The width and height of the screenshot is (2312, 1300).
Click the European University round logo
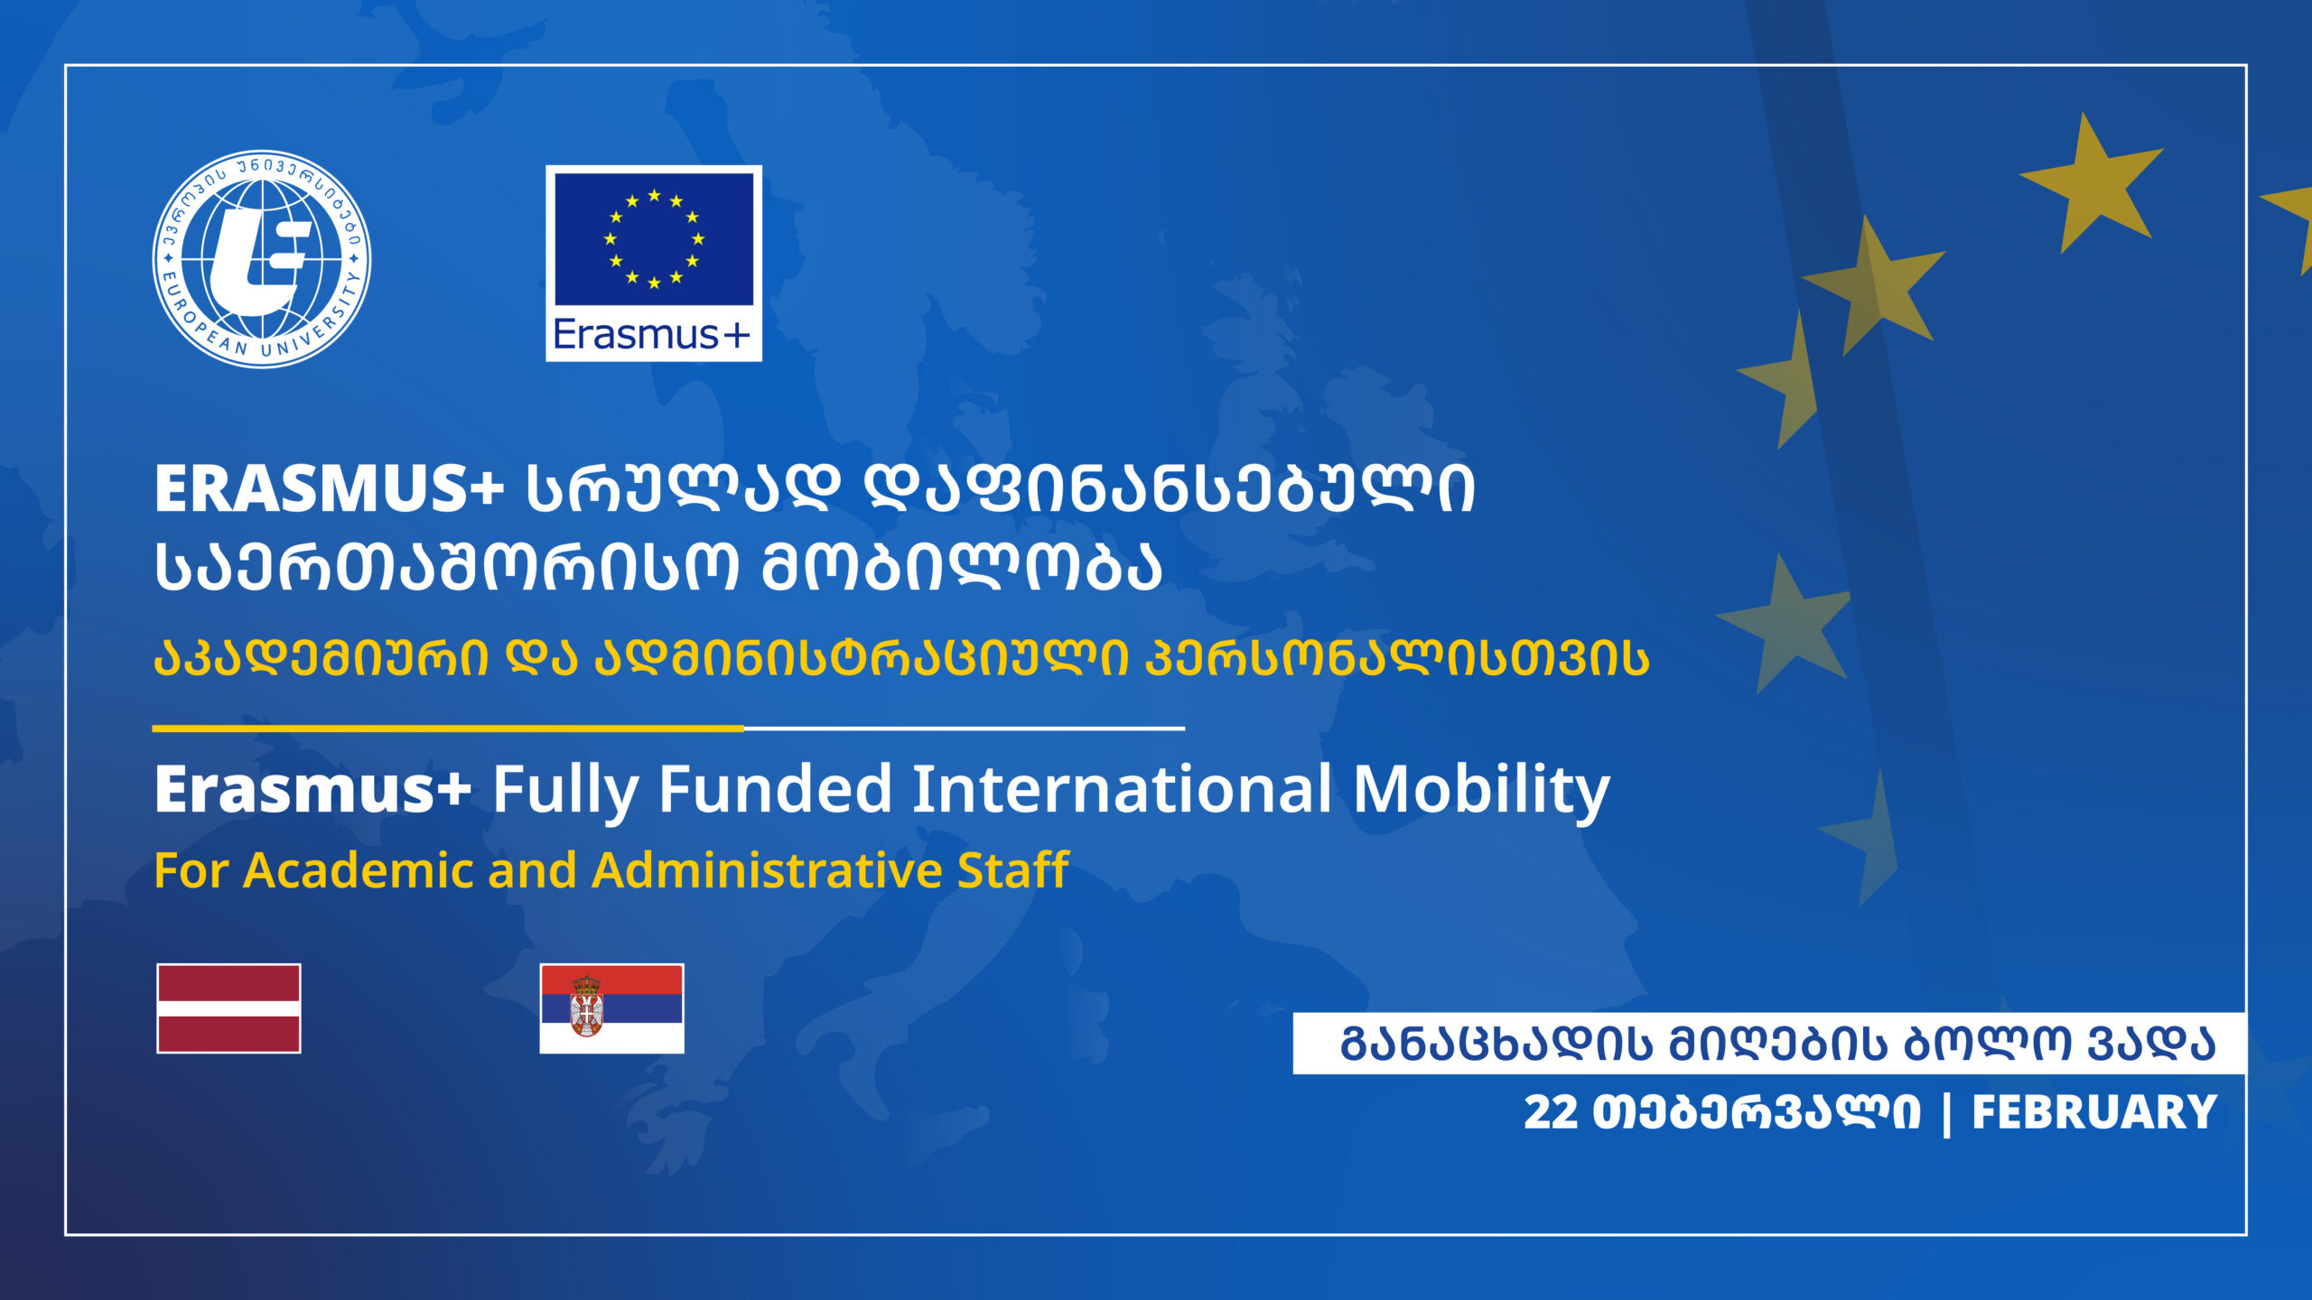click(262, 259)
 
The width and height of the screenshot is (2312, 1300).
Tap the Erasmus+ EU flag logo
click(654, 263)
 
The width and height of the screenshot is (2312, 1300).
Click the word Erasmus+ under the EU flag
click(652, 334)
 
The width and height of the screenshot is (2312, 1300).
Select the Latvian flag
click(228, 1008)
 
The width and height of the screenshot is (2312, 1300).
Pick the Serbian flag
click(611, 1008)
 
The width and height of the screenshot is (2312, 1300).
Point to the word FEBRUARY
click(2094, 1112)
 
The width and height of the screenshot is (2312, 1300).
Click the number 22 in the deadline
click(1551, 1112)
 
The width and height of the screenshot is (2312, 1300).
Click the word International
click(1123, 789)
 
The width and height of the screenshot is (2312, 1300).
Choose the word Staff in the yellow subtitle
click(1013, 870)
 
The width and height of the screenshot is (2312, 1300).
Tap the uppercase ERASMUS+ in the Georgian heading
click(329, 488)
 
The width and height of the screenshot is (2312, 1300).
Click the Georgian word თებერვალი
click(1757, 1112)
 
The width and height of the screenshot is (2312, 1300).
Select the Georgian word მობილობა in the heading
click(962, 568)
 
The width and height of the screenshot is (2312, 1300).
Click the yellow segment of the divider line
click(448, 728)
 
